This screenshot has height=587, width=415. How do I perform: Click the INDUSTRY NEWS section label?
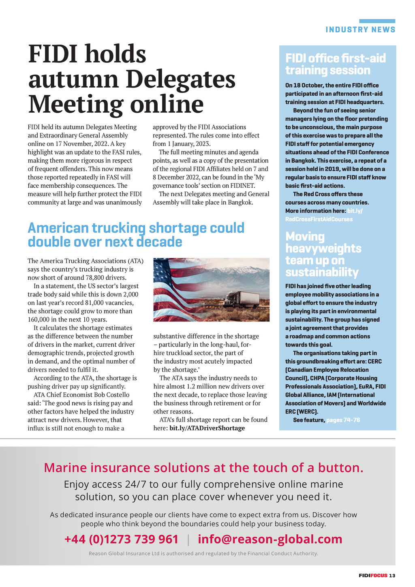pyautogui.click(x=360, y=30)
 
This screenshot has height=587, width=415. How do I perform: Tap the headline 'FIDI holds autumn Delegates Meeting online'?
pyautogui.click(x=132, y=79)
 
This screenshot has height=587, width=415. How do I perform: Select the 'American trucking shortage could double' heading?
pyautogui.click(x=136, y=235)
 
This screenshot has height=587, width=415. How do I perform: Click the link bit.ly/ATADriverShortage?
pyautogui.click(x=207, y=428)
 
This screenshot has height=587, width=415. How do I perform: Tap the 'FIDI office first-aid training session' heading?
pyautogui.click(x=335, y=64)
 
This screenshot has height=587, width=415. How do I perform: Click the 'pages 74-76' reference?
pyautogui.click(x=343, y=420)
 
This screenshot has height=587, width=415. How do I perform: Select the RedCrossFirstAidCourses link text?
pyautogui.click(x=319, y=219)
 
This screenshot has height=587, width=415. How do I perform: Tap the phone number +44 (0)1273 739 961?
pyautogui.click(x=121, y=539)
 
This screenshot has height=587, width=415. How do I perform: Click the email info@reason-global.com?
pyautogui.click(x=270, y=539)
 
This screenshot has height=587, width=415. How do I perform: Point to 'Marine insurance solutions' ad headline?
pyautogui.click(x=203, y=468)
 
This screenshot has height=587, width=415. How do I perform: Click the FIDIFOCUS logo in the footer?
pyautogui.click(x=372, y=576)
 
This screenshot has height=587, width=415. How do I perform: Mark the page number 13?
pyautogui.click(x=392, y=576)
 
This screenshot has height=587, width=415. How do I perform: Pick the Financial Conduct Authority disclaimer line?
pyautogui.click(x=203, y=553)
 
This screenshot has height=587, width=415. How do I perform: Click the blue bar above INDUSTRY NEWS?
pyautogui.click(x=377, y=21)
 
